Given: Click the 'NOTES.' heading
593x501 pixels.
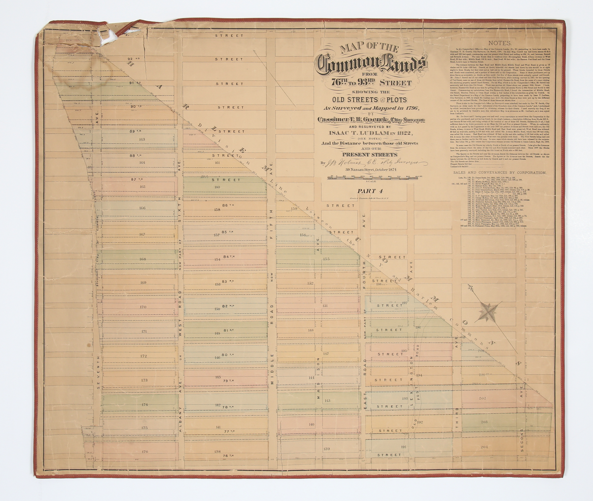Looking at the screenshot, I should click(x=499, y=43).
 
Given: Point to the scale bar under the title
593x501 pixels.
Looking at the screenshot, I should click(x=375, y=178).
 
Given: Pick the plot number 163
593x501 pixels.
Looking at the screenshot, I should click(x=142, y=139).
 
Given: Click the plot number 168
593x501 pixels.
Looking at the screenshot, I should click(x=143, y=259).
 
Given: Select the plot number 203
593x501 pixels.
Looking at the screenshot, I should click(x=484, y=422).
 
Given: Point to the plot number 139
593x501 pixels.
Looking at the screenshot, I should click(x=326, y=448).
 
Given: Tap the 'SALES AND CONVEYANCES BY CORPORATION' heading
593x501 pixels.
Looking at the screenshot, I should click(x=500, y=173).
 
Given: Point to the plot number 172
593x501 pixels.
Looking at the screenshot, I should click(x=144, y=356).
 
